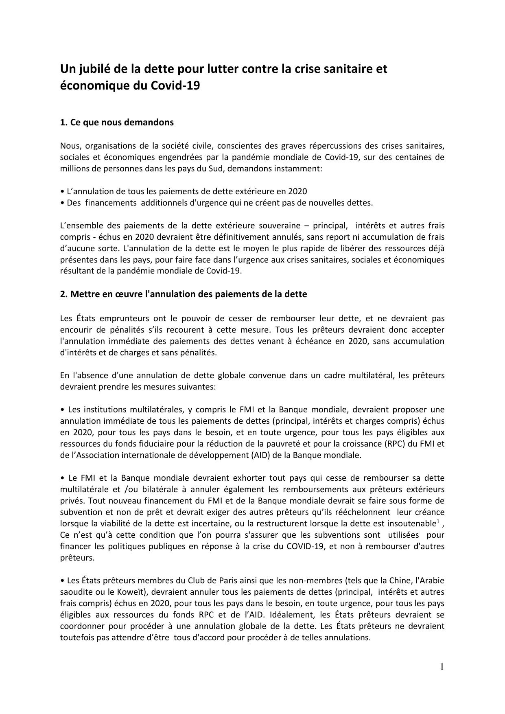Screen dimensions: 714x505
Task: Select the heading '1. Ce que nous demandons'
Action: pos(117,123)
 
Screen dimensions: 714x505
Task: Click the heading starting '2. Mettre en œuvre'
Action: pos(184,294)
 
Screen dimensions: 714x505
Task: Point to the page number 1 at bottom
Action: pos(442,667)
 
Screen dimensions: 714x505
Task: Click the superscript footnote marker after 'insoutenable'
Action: pos(438,521)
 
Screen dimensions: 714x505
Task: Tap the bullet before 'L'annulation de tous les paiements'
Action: pos(62,191)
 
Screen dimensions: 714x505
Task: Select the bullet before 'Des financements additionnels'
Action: pos(62,203)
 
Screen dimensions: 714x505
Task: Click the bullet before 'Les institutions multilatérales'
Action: pos(62,410)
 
